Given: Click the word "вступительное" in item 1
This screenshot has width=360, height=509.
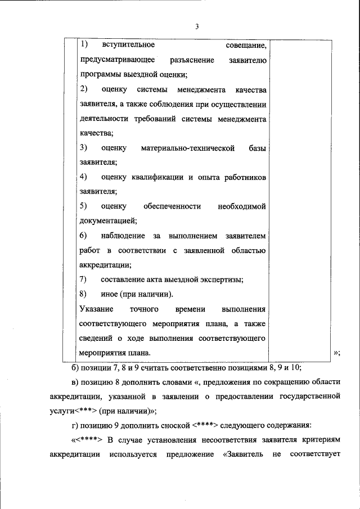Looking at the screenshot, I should coord(128,44).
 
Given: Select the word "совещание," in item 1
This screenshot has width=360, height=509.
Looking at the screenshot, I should coord(246,44).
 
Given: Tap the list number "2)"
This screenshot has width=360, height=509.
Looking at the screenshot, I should coord(84,89).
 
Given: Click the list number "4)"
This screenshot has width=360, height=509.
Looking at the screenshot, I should coord(84,177).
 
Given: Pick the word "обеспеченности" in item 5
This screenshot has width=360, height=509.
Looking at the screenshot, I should coord(173,206).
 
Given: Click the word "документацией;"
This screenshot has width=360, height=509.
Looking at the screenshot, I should coord(108,221).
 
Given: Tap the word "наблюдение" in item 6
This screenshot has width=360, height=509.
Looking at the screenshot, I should coord(123,236).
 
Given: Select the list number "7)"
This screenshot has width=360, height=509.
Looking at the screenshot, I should coord(84,280).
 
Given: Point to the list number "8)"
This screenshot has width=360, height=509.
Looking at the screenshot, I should coord(84,294).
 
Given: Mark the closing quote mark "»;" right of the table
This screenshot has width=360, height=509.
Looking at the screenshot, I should coord(337,353).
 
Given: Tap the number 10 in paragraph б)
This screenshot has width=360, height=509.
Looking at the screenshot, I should coord(296,368).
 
